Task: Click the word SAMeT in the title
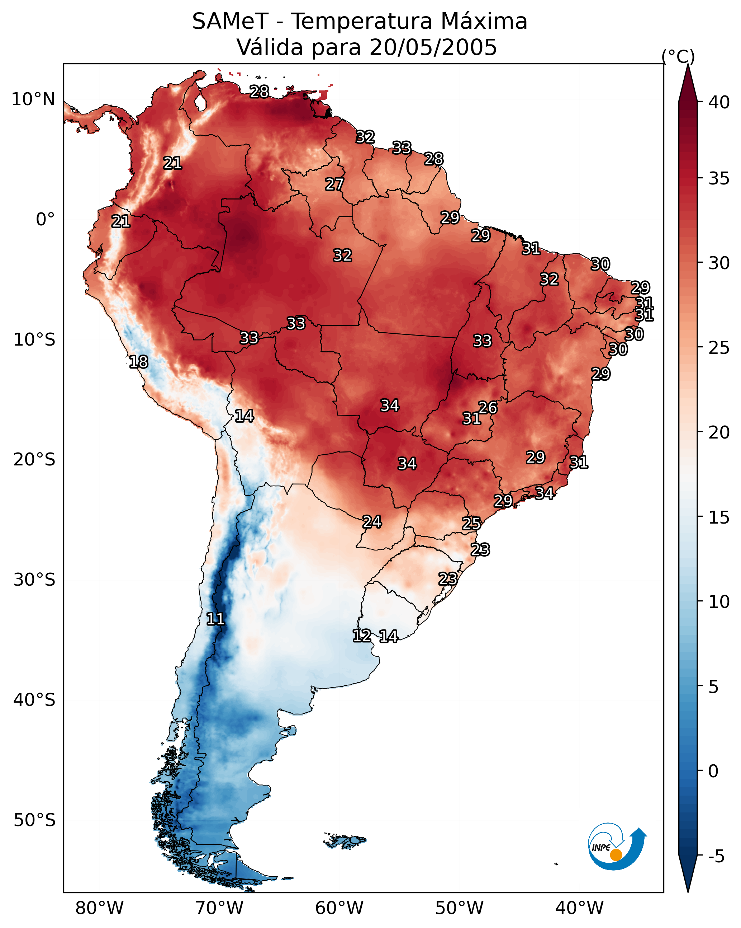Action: (230, 22)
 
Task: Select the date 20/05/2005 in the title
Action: (433, 47)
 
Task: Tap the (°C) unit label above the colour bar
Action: (678, 56)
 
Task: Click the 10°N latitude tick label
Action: (33, 99)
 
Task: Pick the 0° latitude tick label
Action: (45, 220)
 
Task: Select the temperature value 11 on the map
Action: (215, 619)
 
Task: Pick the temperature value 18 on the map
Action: (138, 362)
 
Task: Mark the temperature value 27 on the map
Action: (334, 184)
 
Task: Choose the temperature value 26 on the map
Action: (488, 407)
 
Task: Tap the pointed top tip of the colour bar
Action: (688, 67)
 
